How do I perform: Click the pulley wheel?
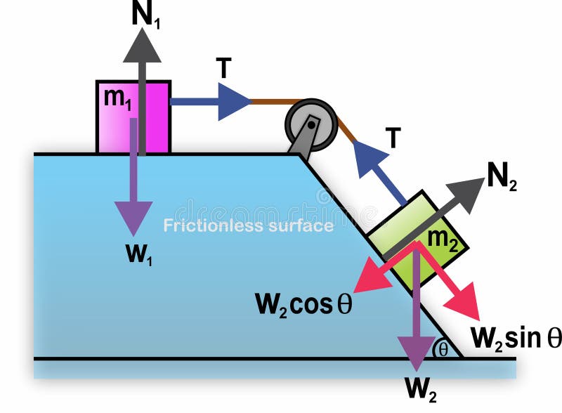click(x=311, y=124)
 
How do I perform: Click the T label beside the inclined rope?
click(x=392, y=139)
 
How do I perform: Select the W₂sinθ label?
click(x=516, y=337)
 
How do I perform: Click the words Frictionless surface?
click(x=248, y=226)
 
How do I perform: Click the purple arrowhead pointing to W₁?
click(x=133, y=218)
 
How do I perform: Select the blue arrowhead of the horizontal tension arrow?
click(x=234, y=102)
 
